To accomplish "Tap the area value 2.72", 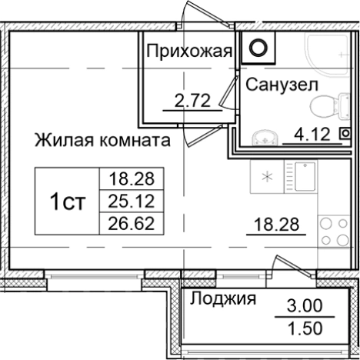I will (190, 99).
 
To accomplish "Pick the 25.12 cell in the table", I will (127, 202).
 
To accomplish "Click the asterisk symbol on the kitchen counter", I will (268, 176).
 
